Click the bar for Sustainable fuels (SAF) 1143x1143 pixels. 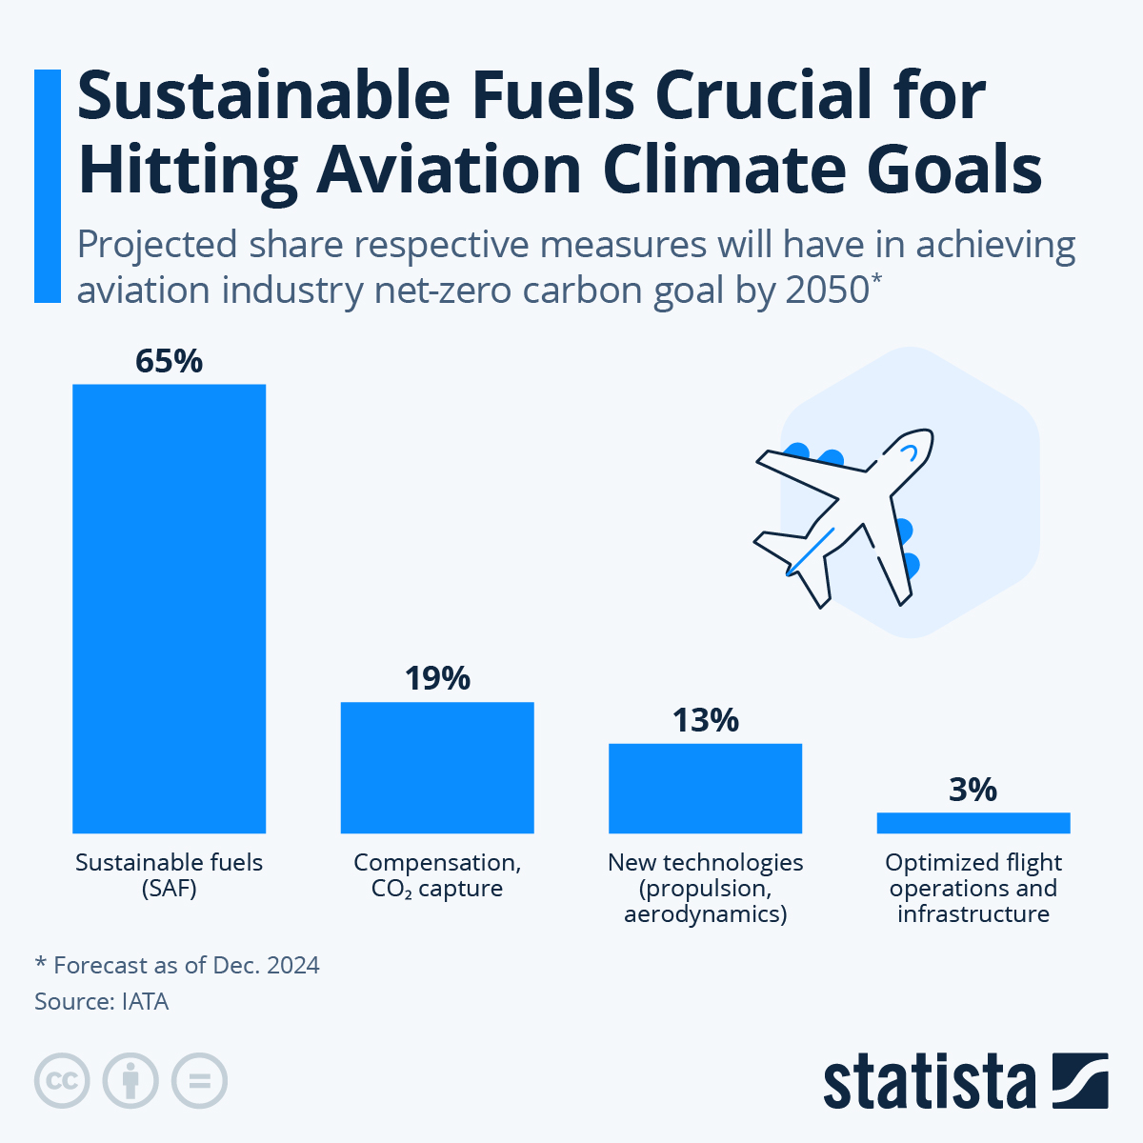169,609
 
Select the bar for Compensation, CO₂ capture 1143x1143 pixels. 437,768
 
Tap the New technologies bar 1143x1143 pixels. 705,789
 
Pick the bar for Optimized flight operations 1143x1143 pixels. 973,823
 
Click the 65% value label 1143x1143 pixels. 169,362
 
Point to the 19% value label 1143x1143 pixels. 437,679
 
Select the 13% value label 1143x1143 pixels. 705,721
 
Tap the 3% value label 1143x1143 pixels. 973,790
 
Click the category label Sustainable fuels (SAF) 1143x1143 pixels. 169,875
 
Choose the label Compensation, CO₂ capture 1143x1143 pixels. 437,875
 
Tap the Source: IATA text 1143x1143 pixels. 101,1001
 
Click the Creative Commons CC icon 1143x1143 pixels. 62,1081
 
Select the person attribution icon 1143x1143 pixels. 130,1081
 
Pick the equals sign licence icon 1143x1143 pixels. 199,1081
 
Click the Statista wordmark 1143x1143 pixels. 929,1083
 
